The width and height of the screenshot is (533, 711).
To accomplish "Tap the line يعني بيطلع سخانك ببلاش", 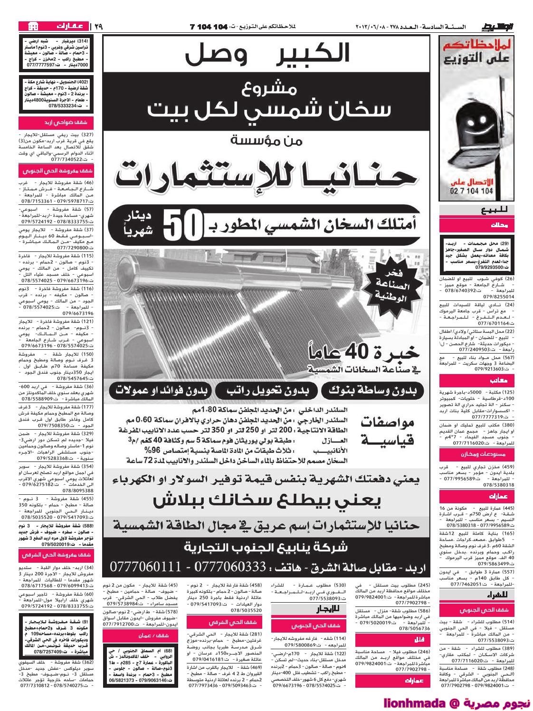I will (267, 501).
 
